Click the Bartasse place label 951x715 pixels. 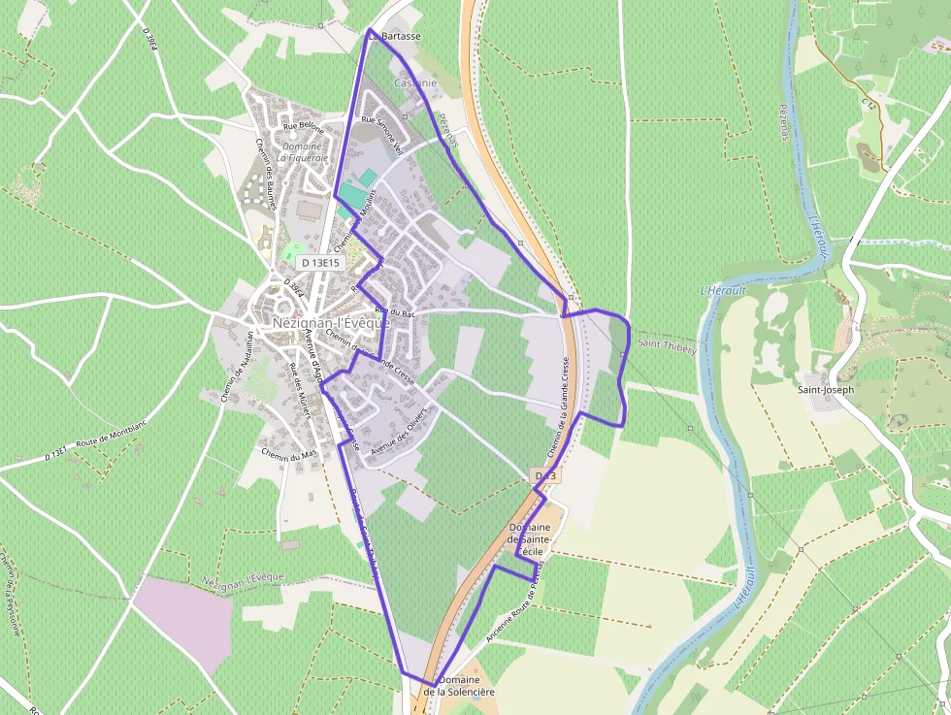click(398, 36)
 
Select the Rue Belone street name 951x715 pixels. click(303, 126)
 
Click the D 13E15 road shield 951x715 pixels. click(319, 263)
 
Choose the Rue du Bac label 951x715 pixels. click(402, 312)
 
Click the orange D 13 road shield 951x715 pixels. click(546, 476)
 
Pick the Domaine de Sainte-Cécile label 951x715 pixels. click(530, 539)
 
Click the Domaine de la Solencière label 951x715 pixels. click(459, 686)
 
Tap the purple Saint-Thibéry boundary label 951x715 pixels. click(667, 345)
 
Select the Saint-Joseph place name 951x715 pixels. click(826, 390)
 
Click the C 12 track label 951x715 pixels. click(869, 102)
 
